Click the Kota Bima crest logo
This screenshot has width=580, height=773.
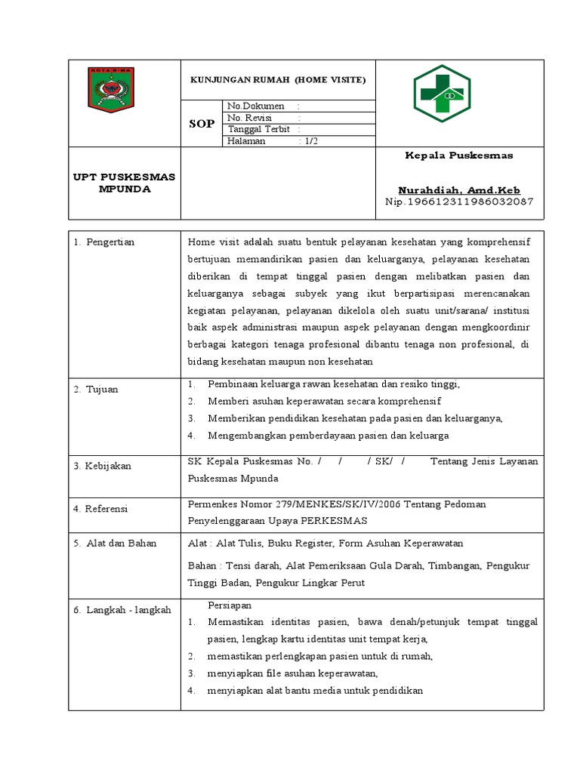[x=112, y=89]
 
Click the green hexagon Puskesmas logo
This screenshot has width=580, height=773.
[x=441, y=93]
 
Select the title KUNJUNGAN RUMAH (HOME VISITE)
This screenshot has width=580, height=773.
[x=277, y=79]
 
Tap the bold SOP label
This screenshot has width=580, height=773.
[x=202, y=124]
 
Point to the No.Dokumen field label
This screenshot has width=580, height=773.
[x=256, y=106]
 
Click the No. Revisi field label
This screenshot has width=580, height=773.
[x=250, y=118]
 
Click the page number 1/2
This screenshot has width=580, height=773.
[x=310, y=141]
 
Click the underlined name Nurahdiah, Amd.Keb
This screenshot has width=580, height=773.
[x=459, y=190]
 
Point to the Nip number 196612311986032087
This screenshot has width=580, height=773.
[x=459, y=202]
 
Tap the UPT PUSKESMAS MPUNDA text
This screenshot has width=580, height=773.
[x=124, y=183]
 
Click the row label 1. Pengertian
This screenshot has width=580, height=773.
[x=104, y=242]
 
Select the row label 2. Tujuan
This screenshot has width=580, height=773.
[x=96, y=389]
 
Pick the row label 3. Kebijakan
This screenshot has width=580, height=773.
[x=103, y=466]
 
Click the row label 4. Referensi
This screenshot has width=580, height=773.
[x=101, y=509]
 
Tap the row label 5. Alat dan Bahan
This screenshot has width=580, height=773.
[x=115, y=543]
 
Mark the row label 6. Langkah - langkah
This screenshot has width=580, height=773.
[x=122, y=610]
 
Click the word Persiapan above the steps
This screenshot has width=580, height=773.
[x=230, y=605]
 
